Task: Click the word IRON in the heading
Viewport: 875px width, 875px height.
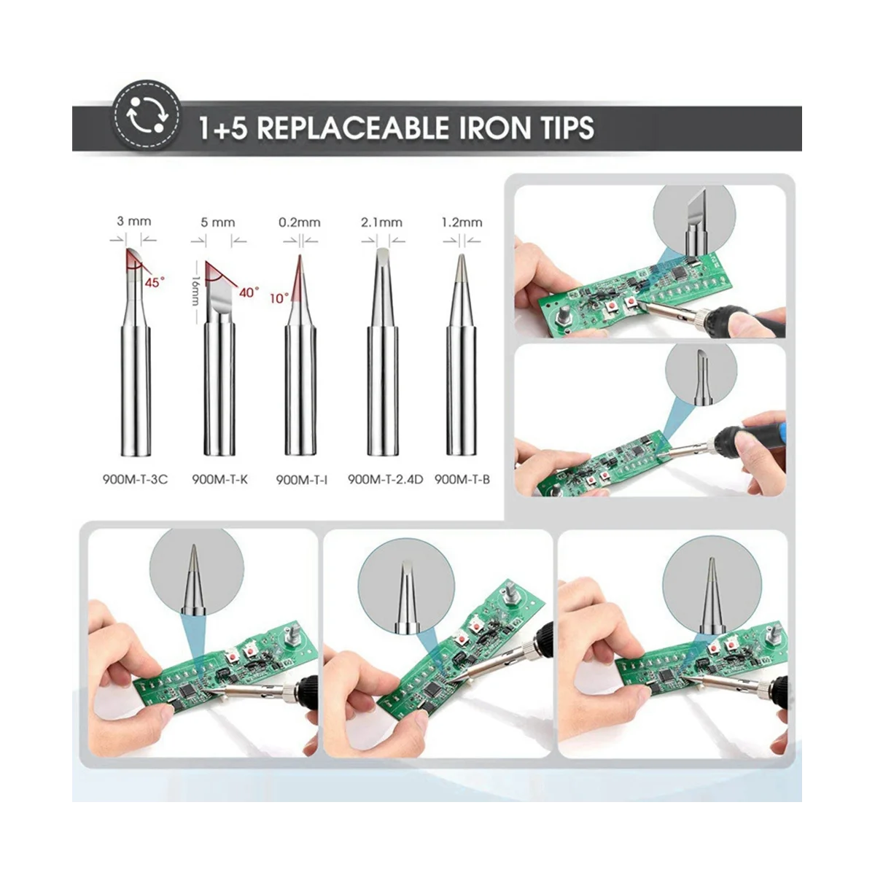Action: click(494, 128)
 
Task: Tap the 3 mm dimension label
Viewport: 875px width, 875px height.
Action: click(134, 222)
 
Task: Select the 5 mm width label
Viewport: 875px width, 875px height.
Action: click(218, 222)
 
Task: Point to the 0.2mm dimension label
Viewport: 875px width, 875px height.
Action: click(300, 222)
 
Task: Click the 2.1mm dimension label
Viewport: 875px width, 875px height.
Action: click(382, 222)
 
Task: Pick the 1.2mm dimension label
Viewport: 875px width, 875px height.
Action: click(462, 222)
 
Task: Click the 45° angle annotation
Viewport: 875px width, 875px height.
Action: click(155, 282)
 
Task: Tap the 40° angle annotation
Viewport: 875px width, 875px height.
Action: click(249, 292)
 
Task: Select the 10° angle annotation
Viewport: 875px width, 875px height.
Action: click(279, 299)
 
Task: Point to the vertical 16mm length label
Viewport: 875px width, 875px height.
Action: click(195, 291)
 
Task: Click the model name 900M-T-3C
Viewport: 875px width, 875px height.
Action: click(135, 480)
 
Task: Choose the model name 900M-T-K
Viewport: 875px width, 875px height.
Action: click(219, 480)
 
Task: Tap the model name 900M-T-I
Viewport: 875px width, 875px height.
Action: click(301, 480)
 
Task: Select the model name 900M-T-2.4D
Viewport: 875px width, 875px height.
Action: click(385, 480)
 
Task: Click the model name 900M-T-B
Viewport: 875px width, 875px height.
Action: click(462, 480)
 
